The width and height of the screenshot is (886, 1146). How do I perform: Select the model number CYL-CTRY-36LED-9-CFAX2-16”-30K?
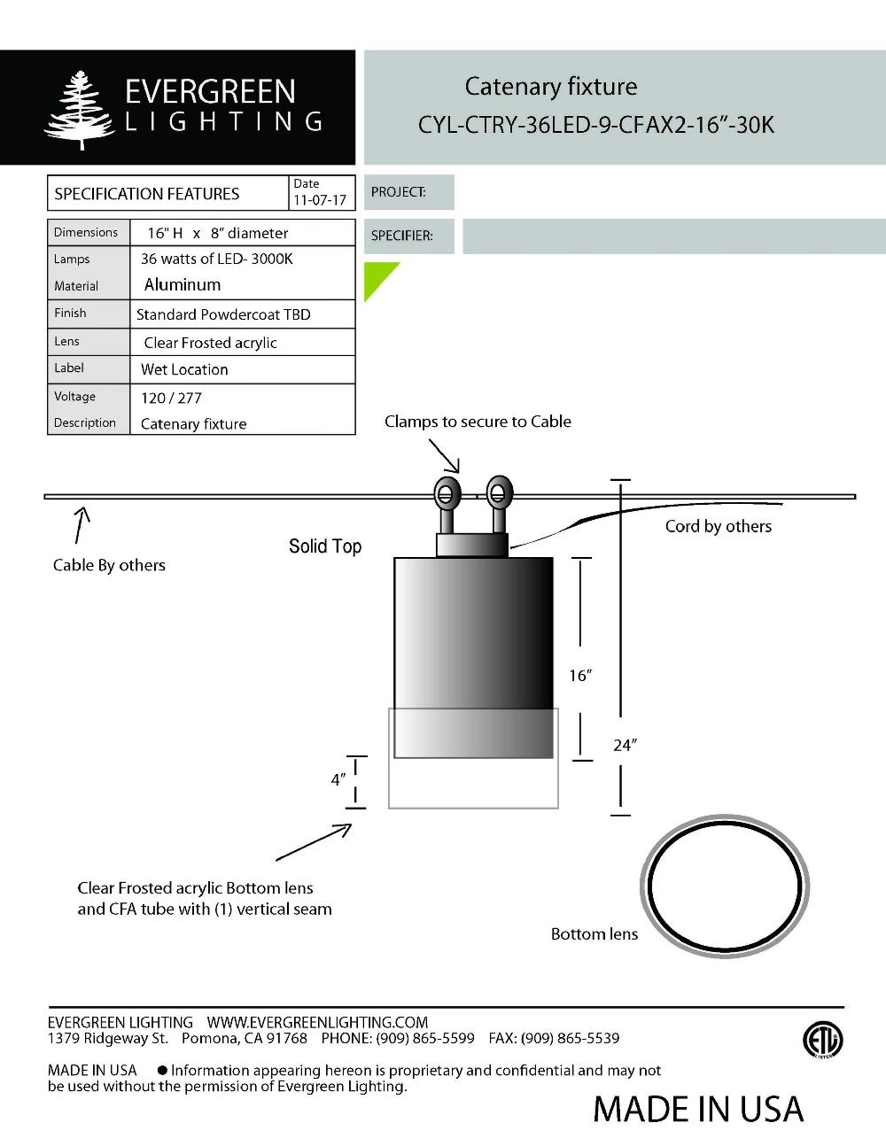click(x=595, y=125)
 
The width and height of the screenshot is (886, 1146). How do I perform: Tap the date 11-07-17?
click(x=320, y=200)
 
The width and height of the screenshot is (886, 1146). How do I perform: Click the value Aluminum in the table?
click(x=183, y=285)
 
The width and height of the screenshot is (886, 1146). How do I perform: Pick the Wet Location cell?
click(x=184, y=370)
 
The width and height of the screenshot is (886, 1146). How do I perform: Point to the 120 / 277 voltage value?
click(x=171, y=399)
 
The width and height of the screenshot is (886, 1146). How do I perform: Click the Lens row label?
click(x=66, y=342)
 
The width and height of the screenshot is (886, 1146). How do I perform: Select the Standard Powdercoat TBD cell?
click(x=223, y=315)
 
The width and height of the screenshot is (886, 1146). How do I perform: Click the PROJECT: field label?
click(x=398, y=192)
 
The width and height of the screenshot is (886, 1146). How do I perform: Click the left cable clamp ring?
click(x=447, y=492)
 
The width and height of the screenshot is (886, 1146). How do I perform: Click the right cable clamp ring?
click(x=499, y=492)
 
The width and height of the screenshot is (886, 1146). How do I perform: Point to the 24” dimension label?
click(x=625, y=746)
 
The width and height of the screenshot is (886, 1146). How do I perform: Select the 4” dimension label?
click(x=338, y=780)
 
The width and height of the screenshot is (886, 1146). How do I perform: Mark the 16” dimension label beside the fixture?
click(x=579, y=677)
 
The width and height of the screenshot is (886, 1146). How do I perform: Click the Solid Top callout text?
click(x=325, y=546)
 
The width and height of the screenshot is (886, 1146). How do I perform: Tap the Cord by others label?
click(x=718, y=527)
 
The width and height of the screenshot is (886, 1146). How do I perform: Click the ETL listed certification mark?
click(x=822, y=1040)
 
